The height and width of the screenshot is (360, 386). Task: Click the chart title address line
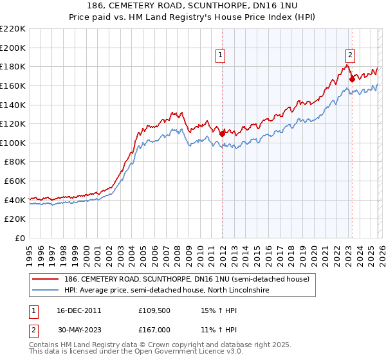coord(193,5)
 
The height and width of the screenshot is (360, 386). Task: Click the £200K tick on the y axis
coord(13,48)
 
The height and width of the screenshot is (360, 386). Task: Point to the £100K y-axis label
coord(13,143)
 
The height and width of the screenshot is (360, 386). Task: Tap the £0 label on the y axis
coord(20,238)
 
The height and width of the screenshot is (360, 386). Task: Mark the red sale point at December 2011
coord(222,134)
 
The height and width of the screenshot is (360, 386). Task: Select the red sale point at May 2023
coord(352,79)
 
